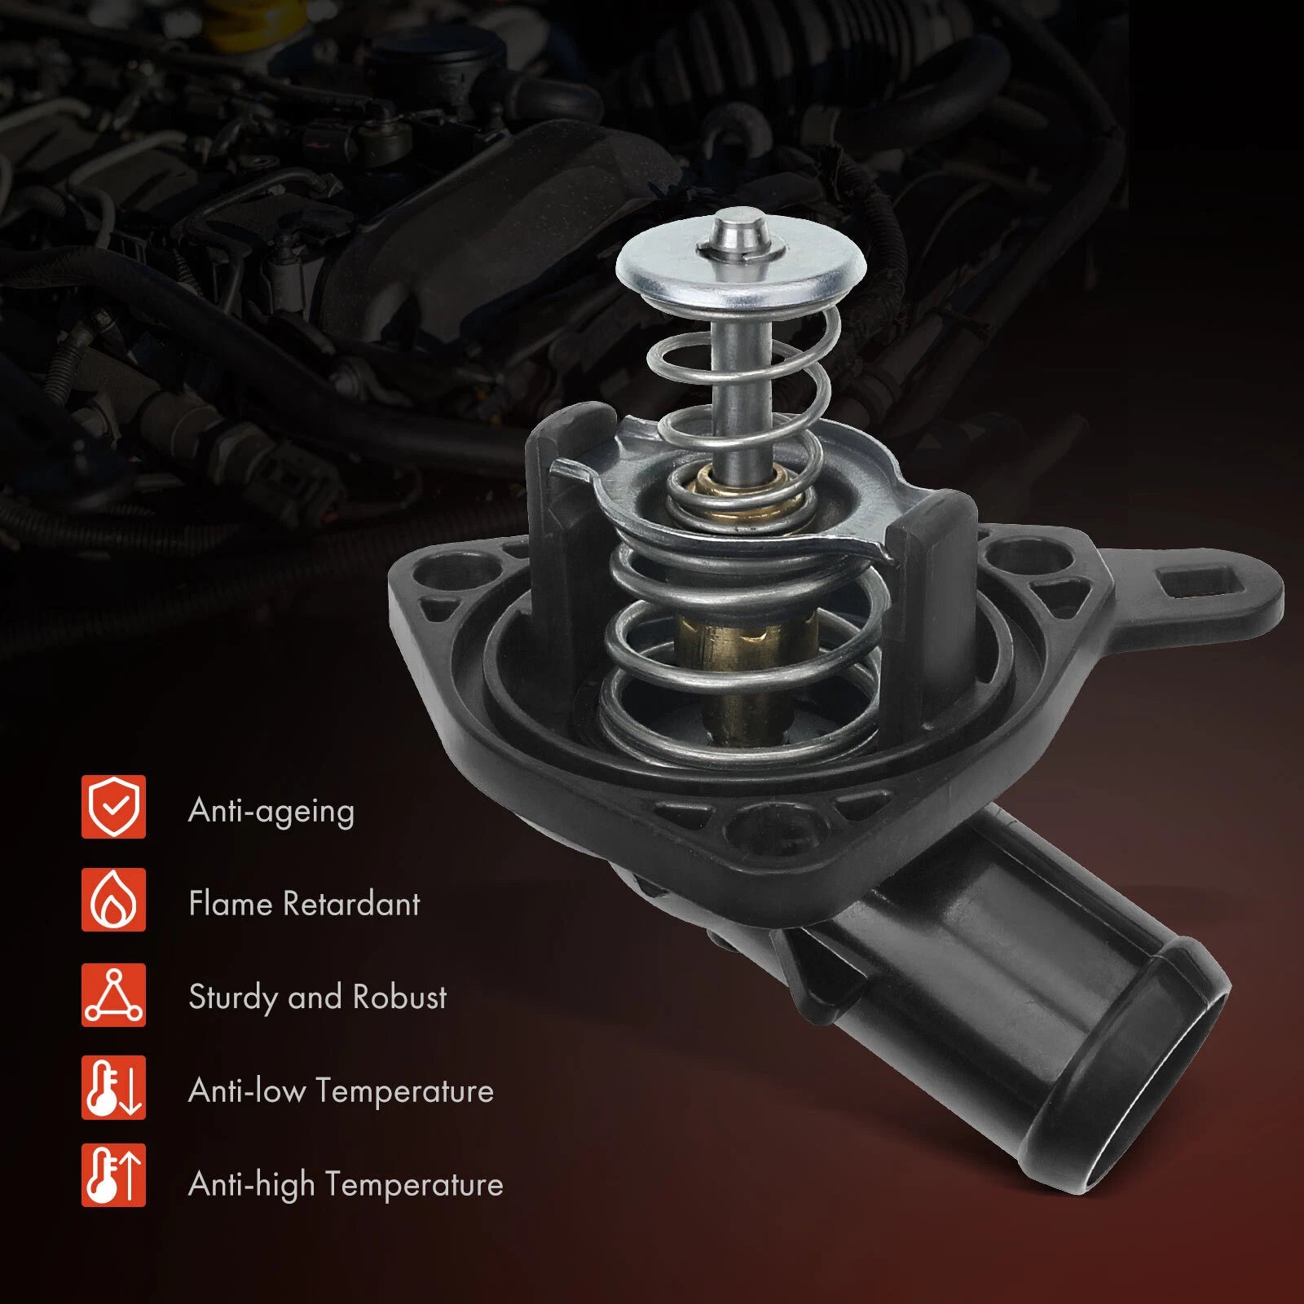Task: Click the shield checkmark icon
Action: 113,807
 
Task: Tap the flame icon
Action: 113,900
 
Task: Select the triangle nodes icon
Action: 113,994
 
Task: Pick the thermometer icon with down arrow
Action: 113,1087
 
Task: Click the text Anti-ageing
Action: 271,812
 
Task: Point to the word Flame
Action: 231,903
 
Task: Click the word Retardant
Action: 351,903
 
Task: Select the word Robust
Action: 400,997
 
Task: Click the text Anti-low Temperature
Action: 341,1090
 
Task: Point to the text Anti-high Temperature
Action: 346,1184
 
